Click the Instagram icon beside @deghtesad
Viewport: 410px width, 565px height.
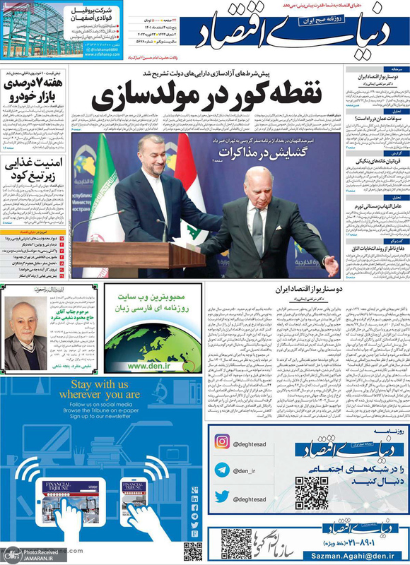[x=223, y=441]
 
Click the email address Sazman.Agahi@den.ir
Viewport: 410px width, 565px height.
[x=365, y=557]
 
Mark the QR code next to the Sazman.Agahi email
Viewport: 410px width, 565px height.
[x=236, y=543]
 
